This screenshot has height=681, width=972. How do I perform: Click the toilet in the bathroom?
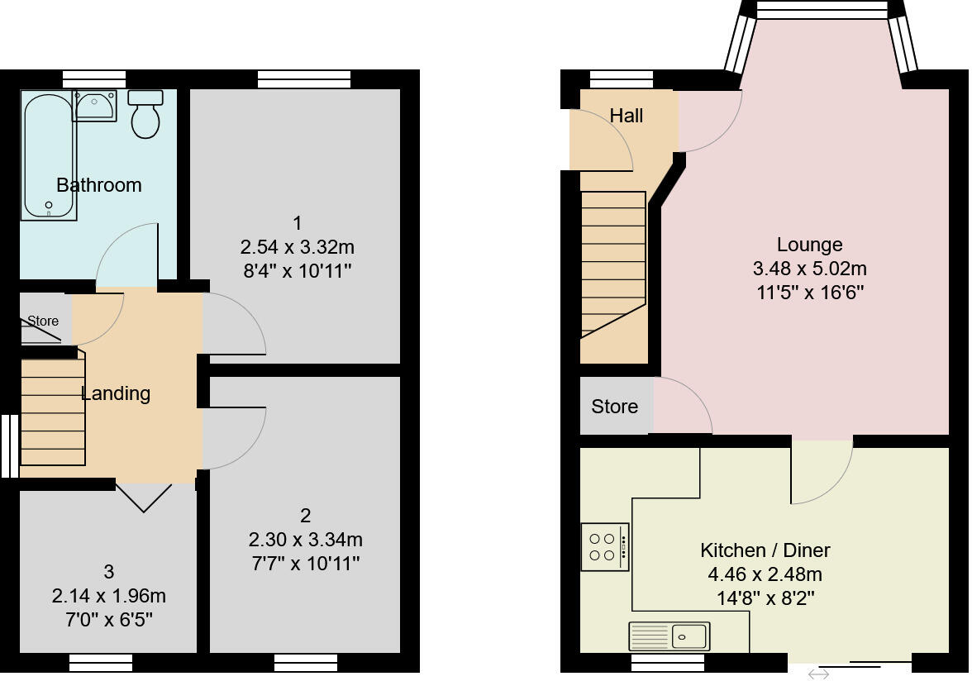click(145, 117)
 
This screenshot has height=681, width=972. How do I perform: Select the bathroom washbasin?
click(93, 105)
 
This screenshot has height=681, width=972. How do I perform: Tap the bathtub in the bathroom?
click(49, 157)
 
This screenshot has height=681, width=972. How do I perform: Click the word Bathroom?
click(99, 185)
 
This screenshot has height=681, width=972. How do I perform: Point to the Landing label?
click(116, 393)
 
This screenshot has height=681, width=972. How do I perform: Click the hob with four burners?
click(604, 547)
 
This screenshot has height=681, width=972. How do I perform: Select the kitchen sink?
click(669, 636)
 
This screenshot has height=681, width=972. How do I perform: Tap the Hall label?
click(627, 116)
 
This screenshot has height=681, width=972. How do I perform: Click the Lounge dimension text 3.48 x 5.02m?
click(809, 269)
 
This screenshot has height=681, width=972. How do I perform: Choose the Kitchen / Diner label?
click(765, 550)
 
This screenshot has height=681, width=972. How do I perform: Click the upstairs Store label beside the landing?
click(43, 321)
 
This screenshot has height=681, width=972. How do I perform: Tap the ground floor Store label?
click(614, 407)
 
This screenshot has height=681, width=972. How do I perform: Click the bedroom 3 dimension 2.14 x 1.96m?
click(108, 596)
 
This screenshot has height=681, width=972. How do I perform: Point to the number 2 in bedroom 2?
click(305, 516)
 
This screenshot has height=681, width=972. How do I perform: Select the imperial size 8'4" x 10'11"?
click(296, 271)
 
